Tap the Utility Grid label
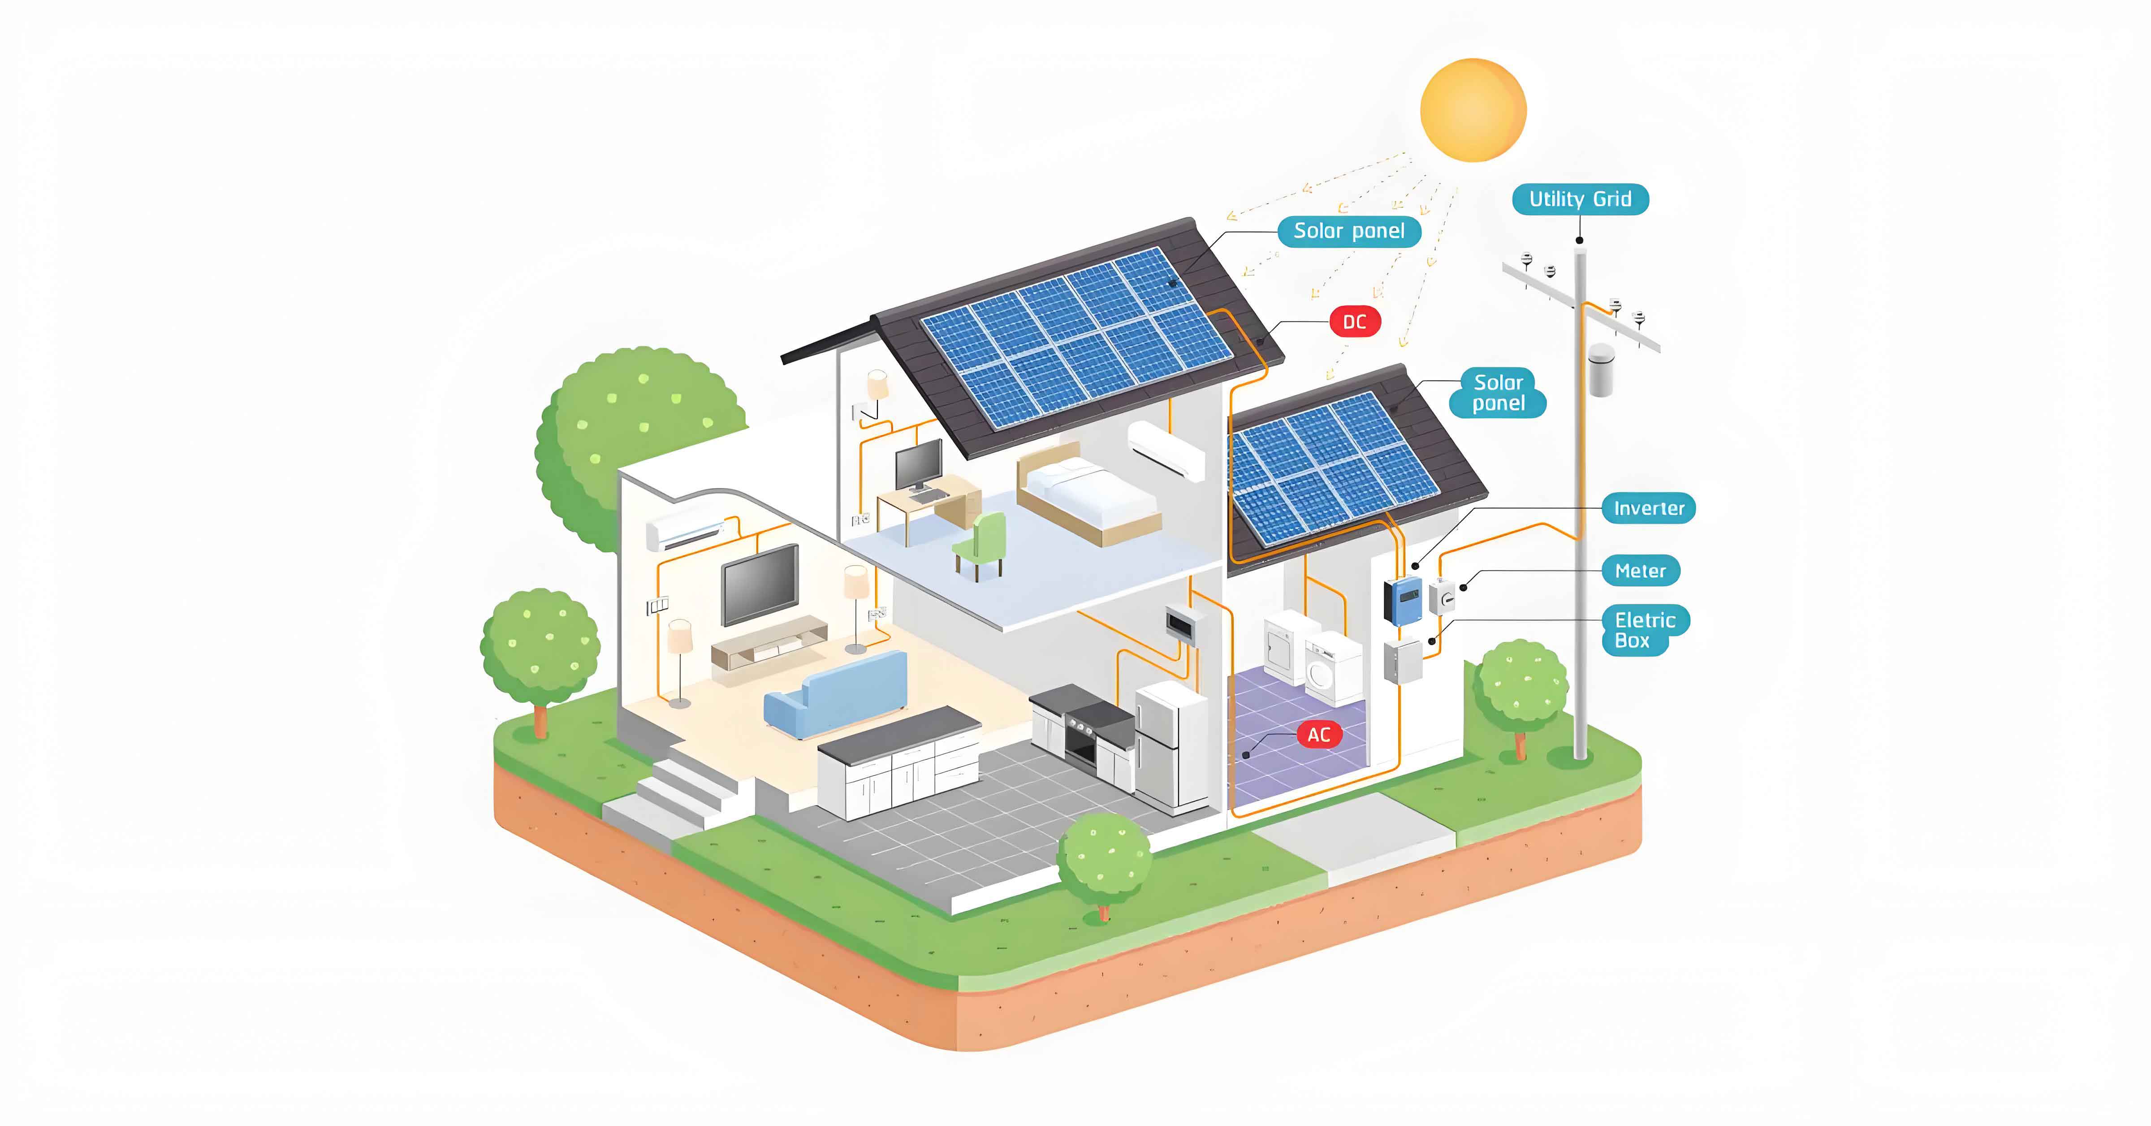[x=1580, y=199]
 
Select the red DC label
[x=1354, y=321]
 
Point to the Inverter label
[x=1648, y=508]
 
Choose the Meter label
[x=1640, y=571]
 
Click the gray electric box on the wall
[x=1403, y=662]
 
